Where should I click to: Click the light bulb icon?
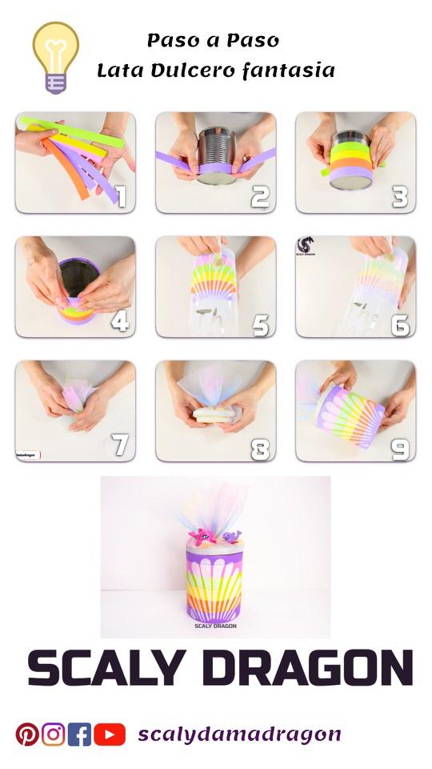click(x=55, y=57)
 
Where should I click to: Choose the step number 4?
click(x=120, y=321)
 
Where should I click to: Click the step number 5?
click(x=261, y=324)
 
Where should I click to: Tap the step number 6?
click(x=401, y=324)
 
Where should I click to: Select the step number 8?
click(x=261, y=449)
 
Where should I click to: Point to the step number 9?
click(x=401, y=449)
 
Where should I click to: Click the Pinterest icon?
click(x=27, y=734)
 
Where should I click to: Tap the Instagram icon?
click(x=54, y=734)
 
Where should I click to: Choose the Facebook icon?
click(x=79, y=734)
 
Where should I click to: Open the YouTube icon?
click(x=110, y=734)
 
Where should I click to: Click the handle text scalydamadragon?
click(x=239, y=734)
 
